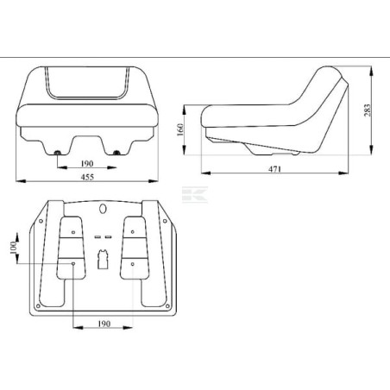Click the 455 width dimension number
(87, 177)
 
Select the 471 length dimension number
(274, 169)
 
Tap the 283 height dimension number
(368, 110)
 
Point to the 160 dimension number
(180, 129)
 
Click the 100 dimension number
(13, 248)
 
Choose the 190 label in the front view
(87, 163)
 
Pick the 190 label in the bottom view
(104, 324)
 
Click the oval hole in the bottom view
(103, 209)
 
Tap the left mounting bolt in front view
(58, 153)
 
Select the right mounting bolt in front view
(116, 153)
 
